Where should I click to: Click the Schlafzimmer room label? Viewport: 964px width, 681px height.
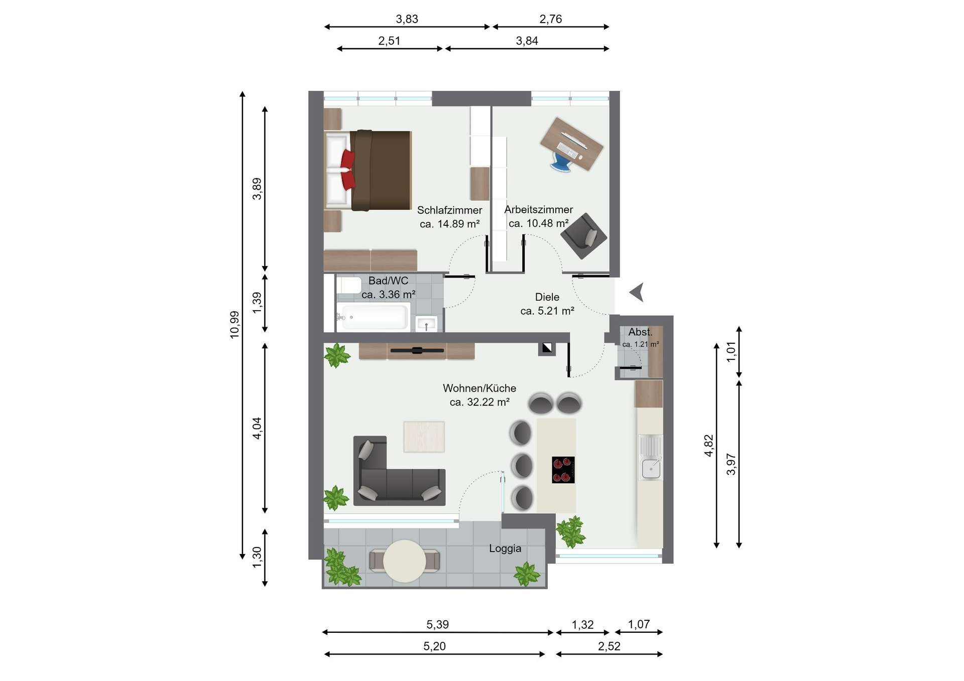coord(449,210)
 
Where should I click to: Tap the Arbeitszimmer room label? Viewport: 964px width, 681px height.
coord(539,210)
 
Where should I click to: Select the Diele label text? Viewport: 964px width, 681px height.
coord(547,297)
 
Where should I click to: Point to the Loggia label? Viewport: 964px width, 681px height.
coord(505,549)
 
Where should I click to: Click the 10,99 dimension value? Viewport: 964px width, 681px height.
coord(234,325)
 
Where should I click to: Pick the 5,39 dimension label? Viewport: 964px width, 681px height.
coord(437,624)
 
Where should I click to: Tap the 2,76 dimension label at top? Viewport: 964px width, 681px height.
coord(550,19)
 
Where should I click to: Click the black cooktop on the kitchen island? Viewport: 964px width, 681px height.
coord(563,470)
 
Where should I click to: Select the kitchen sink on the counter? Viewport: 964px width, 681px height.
coord(651,457)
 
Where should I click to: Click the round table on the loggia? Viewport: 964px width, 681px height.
coord(405,561)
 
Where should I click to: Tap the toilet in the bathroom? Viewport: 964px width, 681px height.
coord(349,286)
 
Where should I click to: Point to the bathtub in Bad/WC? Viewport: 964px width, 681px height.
coord(373,317)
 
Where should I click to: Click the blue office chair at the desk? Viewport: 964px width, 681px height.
coord(562,162)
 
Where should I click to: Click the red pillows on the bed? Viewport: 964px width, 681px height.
coord(348,170)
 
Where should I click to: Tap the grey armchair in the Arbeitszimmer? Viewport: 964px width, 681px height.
coord(584,236)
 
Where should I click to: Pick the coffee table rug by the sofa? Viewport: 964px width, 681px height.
coord(424,437)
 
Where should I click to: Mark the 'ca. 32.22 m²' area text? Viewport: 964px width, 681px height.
coord(479,402)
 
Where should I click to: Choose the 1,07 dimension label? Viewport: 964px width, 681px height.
coord(639,624)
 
